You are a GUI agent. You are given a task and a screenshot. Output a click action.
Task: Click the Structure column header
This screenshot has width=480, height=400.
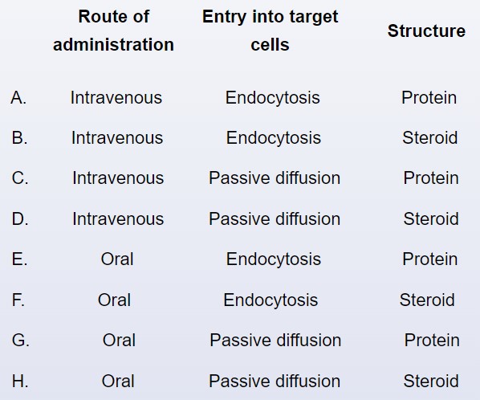[426, 31]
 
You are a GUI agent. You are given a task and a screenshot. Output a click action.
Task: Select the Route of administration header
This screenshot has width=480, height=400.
[113, 31]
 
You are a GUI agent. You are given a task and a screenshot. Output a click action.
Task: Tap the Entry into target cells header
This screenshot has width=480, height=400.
[270, 31]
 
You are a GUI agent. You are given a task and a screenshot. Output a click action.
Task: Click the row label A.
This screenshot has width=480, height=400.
[18, 98]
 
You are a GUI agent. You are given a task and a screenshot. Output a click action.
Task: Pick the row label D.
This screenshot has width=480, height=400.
[20, 219]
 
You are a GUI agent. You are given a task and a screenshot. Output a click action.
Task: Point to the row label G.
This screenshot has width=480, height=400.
[21, 341]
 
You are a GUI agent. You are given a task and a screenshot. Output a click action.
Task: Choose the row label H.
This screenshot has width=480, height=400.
[20, 382]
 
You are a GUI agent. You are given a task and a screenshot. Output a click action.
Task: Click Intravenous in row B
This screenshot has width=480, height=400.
[117, 138]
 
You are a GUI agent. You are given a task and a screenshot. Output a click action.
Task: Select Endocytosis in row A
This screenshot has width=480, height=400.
[273, 99]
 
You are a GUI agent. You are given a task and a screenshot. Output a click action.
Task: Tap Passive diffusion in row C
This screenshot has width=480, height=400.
[275, 178]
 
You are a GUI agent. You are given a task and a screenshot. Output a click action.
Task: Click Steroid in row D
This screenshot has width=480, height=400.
[431, 219]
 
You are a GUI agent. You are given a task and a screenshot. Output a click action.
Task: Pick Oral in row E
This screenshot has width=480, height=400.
[117, 259]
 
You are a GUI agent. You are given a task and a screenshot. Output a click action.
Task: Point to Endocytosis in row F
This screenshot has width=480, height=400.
[271, 300]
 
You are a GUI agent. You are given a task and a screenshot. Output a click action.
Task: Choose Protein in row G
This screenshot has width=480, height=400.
[432, 341]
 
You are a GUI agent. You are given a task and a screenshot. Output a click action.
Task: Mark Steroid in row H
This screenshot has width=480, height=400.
[431, 382]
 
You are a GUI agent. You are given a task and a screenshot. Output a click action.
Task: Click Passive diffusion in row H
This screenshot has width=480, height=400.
[275, 382]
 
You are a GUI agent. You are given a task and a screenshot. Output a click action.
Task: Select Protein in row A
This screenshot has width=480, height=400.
[429, 98]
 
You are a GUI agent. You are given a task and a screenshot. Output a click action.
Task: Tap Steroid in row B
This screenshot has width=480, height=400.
[430, 138]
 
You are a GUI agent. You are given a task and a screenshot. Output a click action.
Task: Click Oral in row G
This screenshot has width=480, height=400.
[119, 341]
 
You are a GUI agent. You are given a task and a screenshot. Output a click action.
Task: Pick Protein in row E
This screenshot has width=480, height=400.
[430, 259]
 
